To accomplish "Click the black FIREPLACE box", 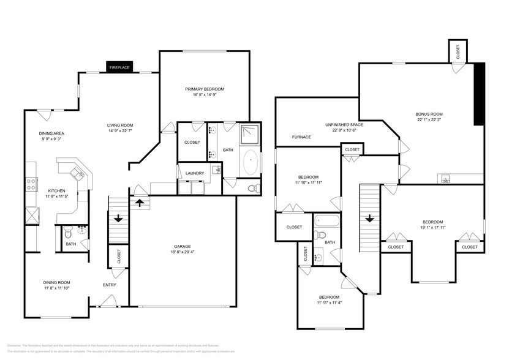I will [119, 67].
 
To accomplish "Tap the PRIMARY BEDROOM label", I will [205, 89].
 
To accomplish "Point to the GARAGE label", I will [182, 246].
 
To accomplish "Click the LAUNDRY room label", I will [195, 173].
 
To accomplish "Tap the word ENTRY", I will [110, 285].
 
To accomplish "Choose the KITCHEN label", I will [56, 190].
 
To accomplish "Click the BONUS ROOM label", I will [429, 114].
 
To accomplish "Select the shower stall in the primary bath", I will [249, 133].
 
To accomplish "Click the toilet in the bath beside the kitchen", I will [69, 233].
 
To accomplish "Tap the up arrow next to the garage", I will [140, 202].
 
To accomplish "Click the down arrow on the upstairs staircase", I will [369, 218].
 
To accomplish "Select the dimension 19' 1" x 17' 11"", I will [432, 228].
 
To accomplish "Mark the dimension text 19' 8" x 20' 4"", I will [182, 252].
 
